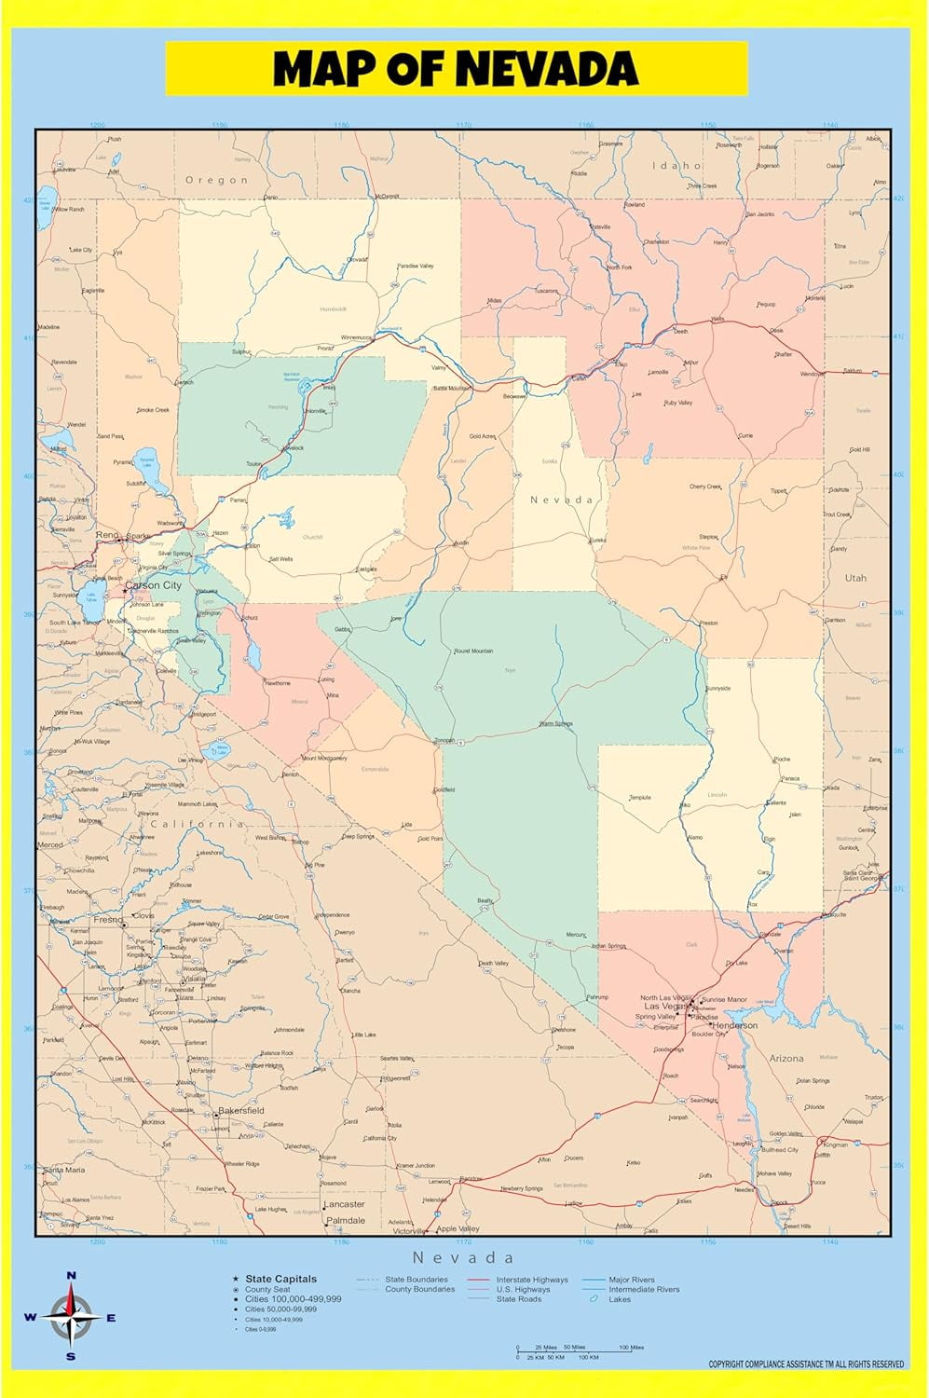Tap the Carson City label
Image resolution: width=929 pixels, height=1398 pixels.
(x=154, y=585)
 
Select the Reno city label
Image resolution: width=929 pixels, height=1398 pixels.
(x=108, y=536)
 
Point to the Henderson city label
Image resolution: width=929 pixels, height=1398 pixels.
(x=734, y=1025)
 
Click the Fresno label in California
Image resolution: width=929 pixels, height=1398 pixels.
(x=108, y=920)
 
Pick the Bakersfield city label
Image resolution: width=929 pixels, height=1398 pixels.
(x=241, y=1111)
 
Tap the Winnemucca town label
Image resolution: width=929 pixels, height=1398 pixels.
(x=356, y=337)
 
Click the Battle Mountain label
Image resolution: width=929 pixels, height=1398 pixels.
(x=452, y=388)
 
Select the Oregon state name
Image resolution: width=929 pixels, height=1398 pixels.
(x=216, y=180)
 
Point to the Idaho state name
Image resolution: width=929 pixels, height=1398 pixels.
(x=676, y=166)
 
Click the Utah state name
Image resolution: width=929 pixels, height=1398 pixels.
(x=855, y=578)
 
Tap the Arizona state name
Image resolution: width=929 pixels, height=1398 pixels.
(x=786, y=1059)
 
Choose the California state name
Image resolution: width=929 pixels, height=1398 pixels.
(x=198, y=824)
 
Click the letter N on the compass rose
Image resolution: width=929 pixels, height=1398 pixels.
(x=71, y=1276)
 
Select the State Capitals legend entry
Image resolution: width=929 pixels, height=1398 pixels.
(x=280, y=1279)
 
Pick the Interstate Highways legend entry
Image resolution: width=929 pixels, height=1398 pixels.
(x=531, y=1280)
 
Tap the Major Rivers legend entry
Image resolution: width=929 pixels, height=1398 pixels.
(x=632, y=1280)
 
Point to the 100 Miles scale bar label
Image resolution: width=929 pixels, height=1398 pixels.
(x=631, y=1348)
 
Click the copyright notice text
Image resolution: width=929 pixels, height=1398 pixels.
(x=806, y=1364)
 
